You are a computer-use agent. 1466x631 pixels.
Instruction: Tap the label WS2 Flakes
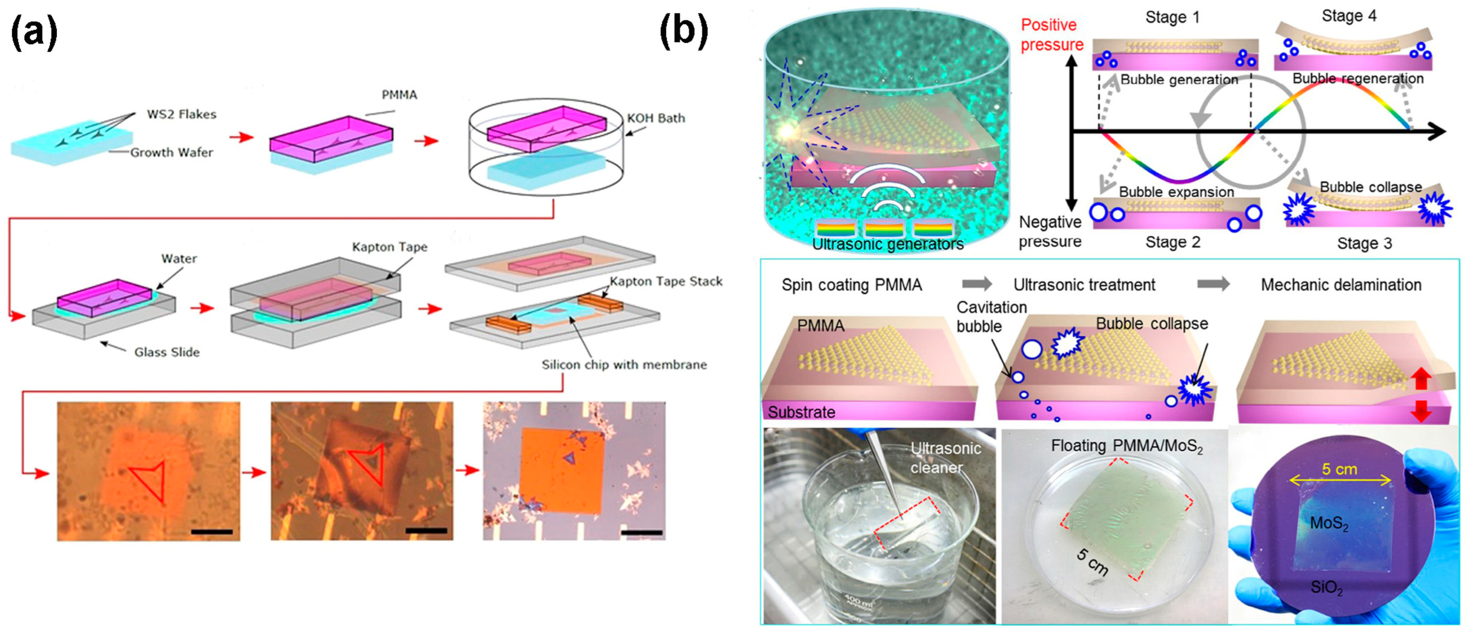(181, 114)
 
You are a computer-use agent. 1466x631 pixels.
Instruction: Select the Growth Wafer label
(171, 152)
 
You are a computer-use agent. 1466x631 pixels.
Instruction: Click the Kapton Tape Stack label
(666, 281)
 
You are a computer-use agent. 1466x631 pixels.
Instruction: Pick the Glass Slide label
(167, 352)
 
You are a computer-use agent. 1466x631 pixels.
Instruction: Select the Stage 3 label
(1364, 243)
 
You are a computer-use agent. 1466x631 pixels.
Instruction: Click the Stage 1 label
(1172, 18)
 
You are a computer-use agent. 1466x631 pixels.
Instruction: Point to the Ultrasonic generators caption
(887, 244)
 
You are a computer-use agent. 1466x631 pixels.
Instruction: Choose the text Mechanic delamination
(1341, 284)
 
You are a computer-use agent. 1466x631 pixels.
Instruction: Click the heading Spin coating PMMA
(852, 284)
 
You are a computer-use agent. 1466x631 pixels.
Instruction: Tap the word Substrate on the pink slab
(801, 412)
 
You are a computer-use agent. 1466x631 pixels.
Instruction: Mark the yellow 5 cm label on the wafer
(1339, 470)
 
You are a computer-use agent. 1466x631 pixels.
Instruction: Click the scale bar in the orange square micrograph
(642, 533)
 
